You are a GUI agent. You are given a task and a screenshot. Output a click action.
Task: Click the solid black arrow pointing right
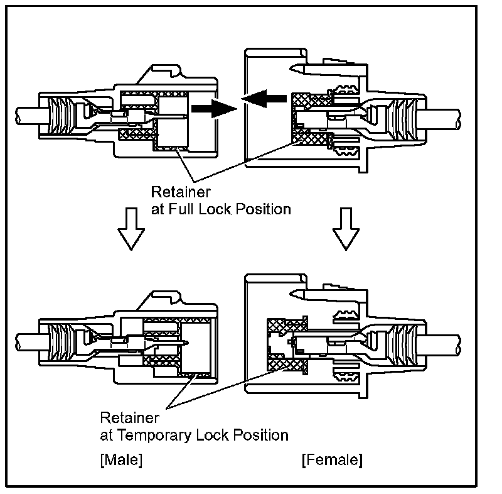(211, 108)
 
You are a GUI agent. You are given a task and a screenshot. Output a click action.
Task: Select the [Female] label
(332, 460)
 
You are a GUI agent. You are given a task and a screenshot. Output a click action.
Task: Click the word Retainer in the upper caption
(174, 191)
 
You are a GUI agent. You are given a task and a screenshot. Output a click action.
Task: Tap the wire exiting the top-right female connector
(443, 116)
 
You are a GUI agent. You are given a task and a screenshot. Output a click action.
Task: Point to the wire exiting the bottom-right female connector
(443, 345)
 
